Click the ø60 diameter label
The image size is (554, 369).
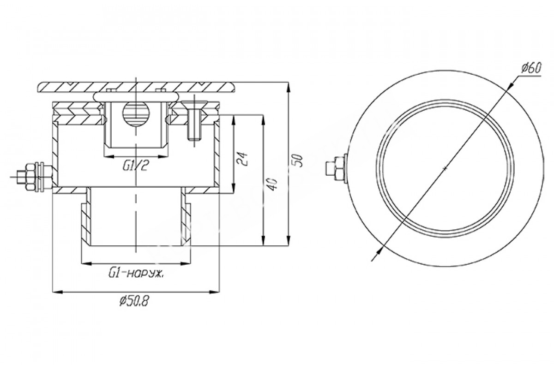[x=531, y=68]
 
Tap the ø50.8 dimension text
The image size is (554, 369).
[x=134, y=301]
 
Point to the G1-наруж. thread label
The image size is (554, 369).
[x=136, y=274]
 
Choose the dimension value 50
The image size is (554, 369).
[x=297, y=161]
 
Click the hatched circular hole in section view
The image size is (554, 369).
[x=136, y=113]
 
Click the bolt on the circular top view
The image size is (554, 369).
[x=337, y=168]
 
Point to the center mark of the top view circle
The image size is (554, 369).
[x=445, y=168]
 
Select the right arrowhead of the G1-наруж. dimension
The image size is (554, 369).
[x=186, y=263]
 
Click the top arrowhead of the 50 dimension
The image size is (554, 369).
[x=289, y=87]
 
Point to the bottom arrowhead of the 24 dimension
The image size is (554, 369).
[x=234, y=188]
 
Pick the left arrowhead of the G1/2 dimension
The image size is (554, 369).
[x=109, y=156]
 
